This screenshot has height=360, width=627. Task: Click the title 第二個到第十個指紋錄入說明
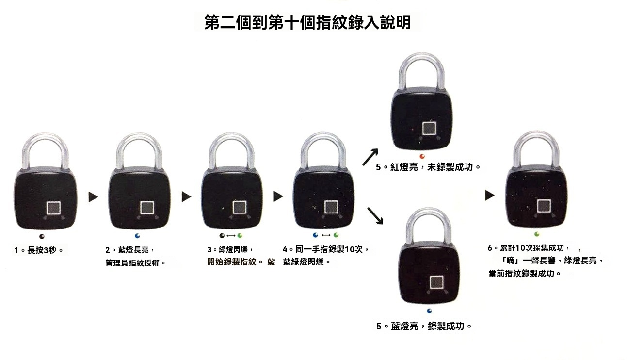coord(307,22)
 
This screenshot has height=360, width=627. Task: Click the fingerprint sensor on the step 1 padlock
coord(53,209)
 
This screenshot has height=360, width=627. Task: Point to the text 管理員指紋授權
coord(139,263)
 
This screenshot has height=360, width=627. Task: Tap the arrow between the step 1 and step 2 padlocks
coord(93,197)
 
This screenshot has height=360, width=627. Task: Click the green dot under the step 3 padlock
coord(239,236)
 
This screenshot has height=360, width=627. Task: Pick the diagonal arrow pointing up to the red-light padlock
coord(370,157)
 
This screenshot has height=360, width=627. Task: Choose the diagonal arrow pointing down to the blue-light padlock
coord(375,216)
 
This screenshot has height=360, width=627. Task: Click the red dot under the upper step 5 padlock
coord(422,156)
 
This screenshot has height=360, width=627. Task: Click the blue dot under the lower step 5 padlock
coord(429,311)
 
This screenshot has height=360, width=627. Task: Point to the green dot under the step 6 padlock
coord(537,234)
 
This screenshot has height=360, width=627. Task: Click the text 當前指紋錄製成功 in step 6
coord(525,274)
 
